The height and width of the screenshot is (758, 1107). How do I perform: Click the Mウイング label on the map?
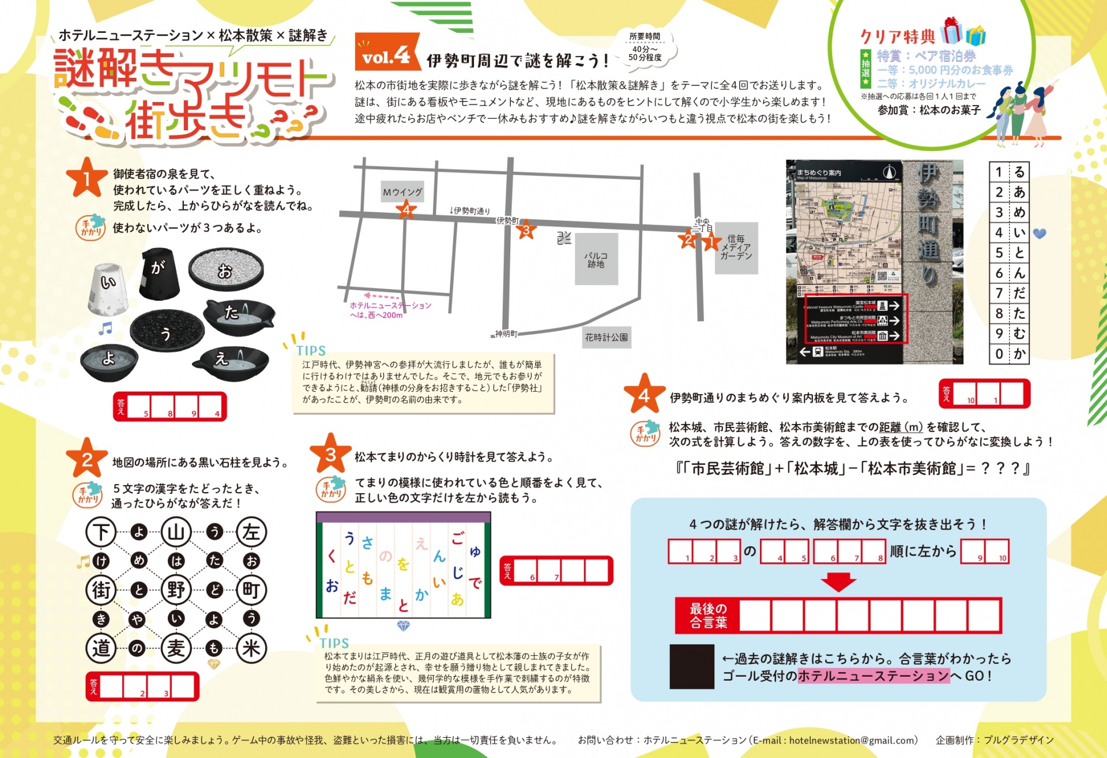[402, 192]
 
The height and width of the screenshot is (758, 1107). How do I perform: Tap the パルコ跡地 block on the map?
[596, 260]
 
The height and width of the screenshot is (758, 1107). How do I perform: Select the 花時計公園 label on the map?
[606, 337]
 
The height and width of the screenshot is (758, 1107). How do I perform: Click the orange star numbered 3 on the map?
[525, 231]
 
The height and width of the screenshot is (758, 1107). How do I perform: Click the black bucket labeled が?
[159, 273]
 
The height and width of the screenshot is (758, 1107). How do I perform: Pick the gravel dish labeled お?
[225, 269]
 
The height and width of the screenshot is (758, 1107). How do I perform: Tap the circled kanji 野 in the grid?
[176, 590]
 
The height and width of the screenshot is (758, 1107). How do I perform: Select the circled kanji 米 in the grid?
[251, 648]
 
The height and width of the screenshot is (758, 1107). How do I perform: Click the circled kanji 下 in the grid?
[101, 531]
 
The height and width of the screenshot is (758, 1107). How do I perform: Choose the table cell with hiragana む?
[1019, 333]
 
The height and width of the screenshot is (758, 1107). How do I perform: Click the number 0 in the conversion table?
[999, 354]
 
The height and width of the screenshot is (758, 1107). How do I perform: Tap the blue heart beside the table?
[1039, 234]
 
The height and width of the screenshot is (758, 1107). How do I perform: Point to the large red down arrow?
[838, 581]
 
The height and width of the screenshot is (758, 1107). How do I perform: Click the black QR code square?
[692, 667]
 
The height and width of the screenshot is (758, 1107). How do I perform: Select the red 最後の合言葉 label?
[708, 616]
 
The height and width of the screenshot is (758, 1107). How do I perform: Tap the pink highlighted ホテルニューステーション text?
[873, 676]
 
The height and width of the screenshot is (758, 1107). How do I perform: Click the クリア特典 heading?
[897, 37]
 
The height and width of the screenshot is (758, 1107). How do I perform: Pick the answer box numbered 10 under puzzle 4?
[965, 394]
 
